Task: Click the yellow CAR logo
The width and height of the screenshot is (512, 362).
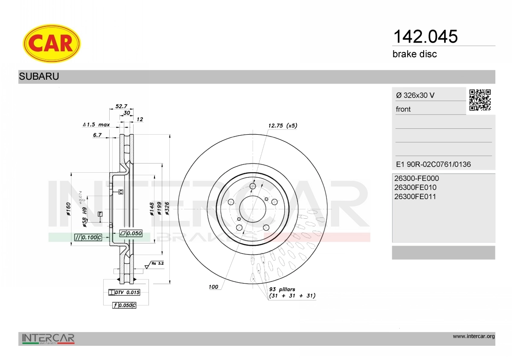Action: coord(52,43)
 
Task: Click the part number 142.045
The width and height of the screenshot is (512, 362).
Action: coord(425,37)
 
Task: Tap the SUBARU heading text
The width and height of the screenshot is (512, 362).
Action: coord(39,76)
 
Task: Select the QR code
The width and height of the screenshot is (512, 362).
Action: coord(480,100)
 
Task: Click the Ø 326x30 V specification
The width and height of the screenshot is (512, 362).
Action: coord(415,95)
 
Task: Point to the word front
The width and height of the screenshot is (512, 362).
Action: coord(403,109)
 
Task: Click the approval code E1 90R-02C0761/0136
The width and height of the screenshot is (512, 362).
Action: coord(433,164)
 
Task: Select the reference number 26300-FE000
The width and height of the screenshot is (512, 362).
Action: coord(416,178)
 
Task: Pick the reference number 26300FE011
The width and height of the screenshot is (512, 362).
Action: coord(415,197)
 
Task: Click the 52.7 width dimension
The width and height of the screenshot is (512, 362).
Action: coord(121,106)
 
